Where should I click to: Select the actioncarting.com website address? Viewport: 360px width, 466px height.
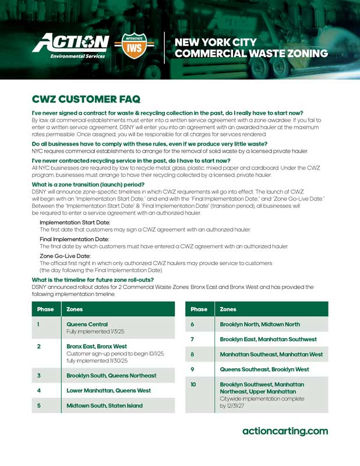285,431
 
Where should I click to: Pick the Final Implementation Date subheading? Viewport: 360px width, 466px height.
74,239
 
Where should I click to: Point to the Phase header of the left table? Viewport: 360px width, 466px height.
45,309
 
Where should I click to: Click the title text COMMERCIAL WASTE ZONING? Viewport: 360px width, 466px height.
251,54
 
